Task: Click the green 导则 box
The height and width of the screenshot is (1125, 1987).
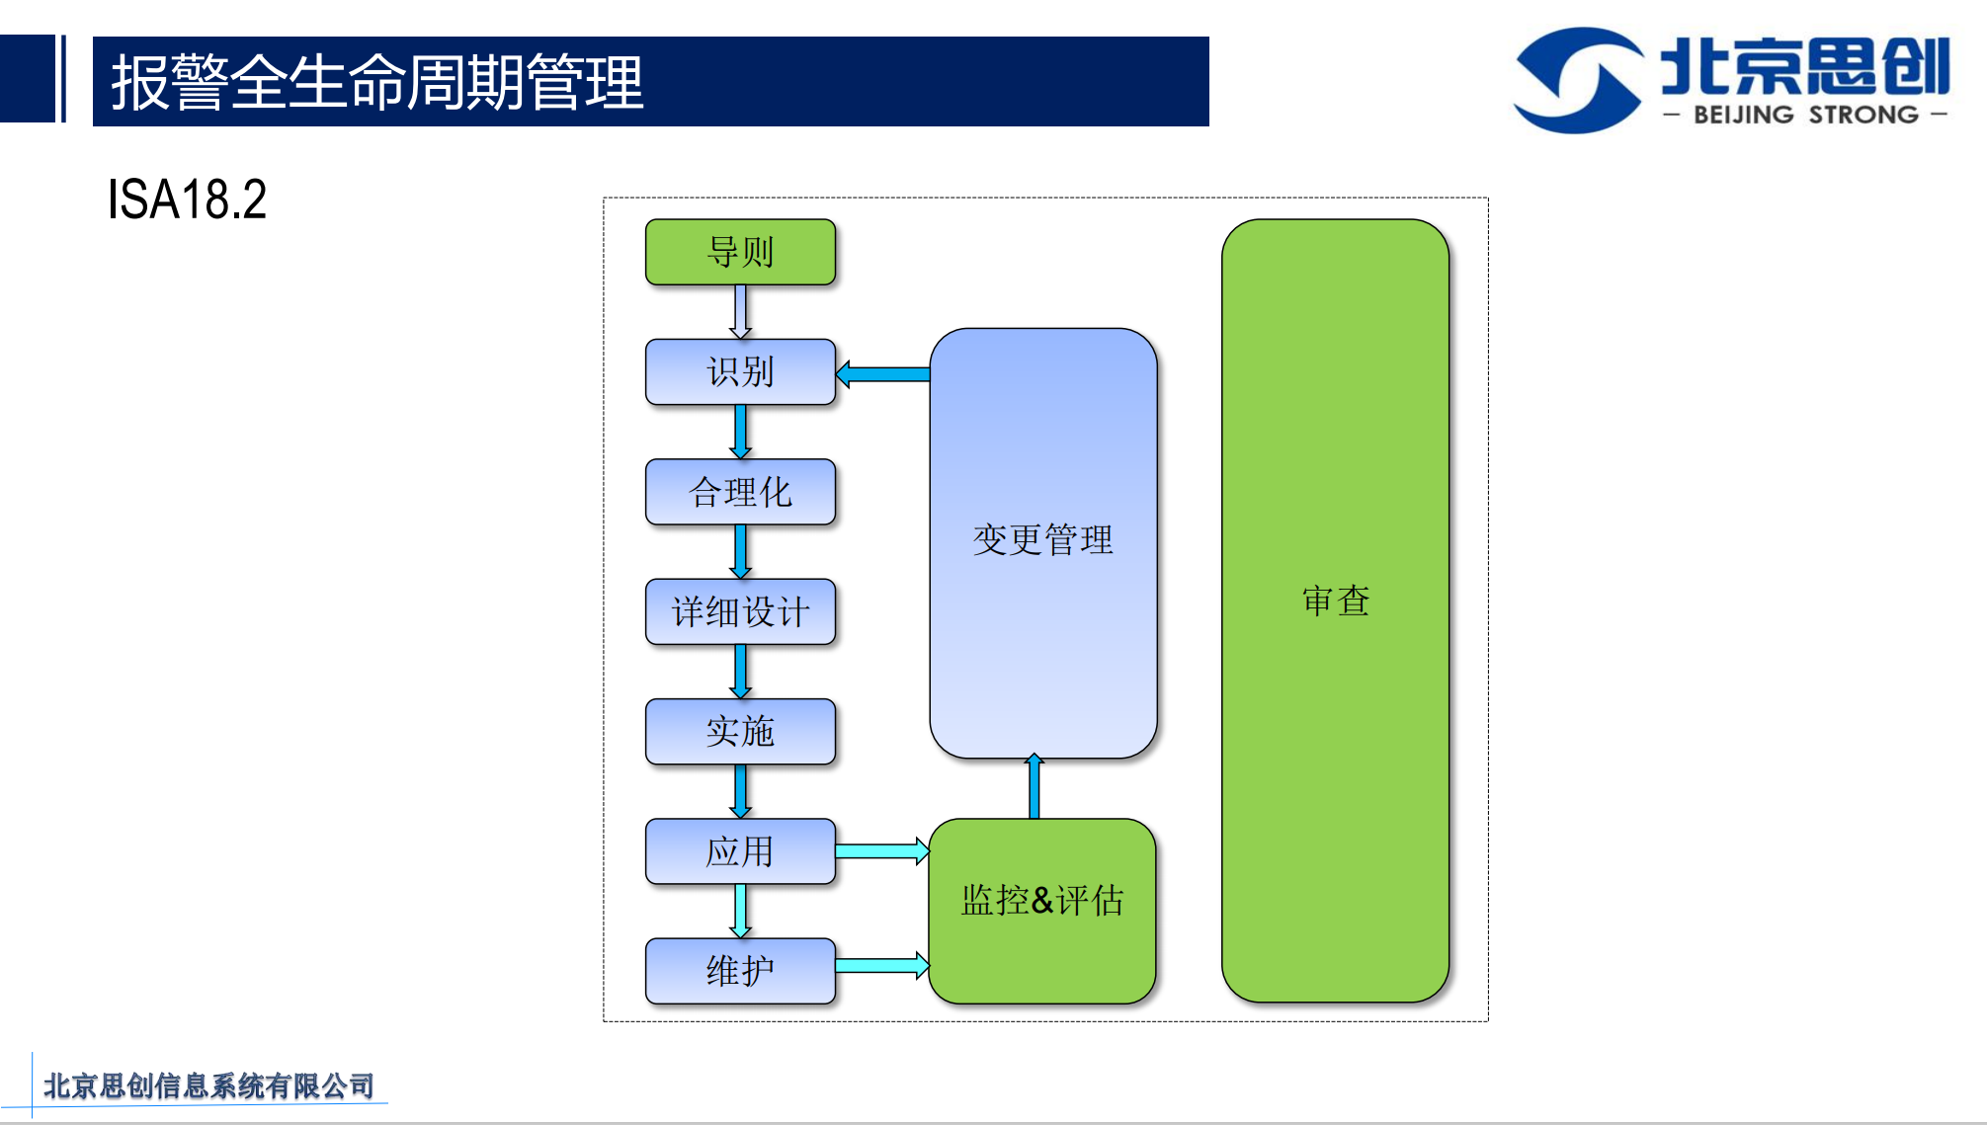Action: pyautogui.click(x=740, y=252)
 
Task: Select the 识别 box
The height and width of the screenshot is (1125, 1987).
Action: pyautogui.click(x=740, y=372)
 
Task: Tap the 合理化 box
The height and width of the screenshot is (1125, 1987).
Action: pyautogui.click(x=740, y=492)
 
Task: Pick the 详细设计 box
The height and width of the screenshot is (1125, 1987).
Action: pyautogui.click(x=740, y=611)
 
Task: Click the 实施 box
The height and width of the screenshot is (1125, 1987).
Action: pyautogui.click(x=740, y=732)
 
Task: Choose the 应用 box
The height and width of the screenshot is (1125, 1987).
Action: pyautogui.click(x=740, y=851)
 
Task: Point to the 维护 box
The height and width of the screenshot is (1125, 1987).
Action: pyautogui.click(x=740, y=971)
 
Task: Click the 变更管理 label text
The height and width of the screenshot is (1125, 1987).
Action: pyautogui.click(x=1042, y=540)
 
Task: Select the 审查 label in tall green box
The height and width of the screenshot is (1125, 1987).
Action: pyautogui.click(x=1336, y=601)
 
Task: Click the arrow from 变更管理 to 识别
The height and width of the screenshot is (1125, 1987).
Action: pyautogui.click(x=883, y=374)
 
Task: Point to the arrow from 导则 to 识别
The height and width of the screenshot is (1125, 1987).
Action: pyautogui.click(x=740, y=312)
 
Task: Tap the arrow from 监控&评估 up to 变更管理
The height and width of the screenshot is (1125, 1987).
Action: pyautogui.click(x=1035, y=787)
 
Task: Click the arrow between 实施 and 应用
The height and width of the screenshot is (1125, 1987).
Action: pyautogui.click(x=740, y=791)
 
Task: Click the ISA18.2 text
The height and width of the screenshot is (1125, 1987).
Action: pyautogui.click(x=187, y=200)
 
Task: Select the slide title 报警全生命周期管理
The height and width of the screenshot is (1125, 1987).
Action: pyautogui.click(x=376, y=82)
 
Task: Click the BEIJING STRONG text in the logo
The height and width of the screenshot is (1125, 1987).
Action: pyautogui.click(x=1805, y=115)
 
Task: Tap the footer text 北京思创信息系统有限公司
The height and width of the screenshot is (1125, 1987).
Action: pyautogui.click(x=208, y=1085)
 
